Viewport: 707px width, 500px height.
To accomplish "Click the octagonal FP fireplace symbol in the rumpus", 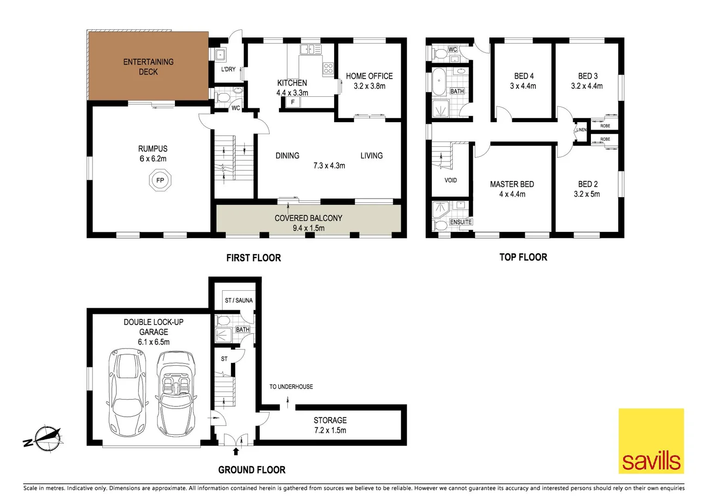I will coord(160,180).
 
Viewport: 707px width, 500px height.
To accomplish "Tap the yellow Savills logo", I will coord(651,441).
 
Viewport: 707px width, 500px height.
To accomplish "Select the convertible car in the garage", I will coord(176,394).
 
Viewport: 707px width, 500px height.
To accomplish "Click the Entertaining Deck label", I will coord(148,67).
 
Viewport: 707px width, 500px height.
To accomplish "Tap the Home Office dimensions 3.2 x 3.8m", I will coord(369,86).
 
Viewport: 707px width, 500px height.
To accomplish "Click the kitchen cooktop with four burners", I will coord(328,69).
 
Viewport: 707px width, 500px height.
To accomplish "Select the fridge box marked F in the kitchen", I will coord(293,102).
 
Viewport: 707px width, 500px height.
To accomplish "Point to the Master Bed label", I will coord(512,184).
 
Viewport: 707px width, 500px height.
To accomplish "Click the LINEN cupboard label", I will coord(581,130).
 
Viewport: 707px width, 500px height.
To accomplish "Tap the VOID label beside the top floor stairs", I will coord(450,180).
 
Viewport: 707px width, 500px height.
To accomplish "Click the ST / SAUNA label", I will coord(239,300).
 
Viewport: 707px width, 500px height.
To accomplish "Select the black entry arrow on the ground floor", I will coord(236,451).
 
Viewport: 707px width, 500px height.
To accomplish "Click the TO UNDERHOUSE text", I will coord(291,387).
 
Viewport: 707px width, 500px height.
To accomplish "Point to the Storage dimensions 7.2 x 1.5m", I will coord(330,430).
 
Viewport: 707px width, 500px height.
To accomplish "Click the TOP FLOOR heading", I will coord(523,257).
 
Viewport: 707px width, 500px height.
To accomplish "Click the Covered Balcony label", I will coord(308,218).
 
